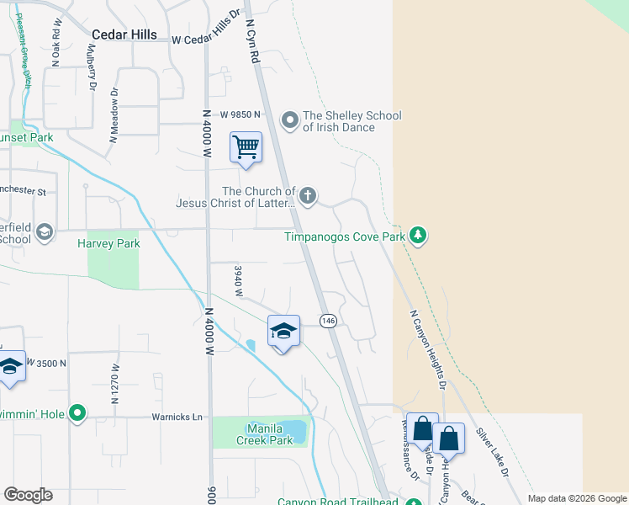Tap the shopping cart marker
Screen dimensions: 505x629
(x=246, y=148)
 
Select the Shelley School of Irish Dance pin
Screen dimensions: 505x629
(x=290, y=121)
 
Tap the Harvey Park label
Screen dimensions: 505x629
(x=108, y=244)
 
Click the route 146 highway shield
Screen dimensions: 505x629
(x=328, y=321)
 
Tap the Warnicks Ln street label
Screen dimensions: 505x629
(x=177, y=417)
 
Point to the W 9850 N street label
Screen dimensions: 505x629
(x=230, y=114)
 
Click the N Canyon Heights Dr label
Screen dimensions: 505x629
(x=426, y=349)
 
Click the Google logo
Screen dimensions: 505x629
(x=28, y=495)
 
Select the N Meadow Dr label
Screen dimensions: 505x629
(x=114, y=113)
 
